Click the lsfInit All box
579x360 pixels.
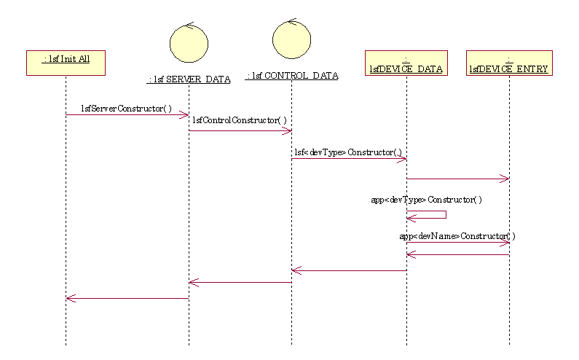(x=66, y=62)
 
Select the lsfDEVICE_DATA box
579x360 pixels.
(x=406, y=63)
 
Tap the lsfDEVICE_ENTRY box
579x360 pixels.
(x=509, y=63)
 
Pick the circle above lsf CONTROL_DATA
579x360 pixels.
(x=291, y=39)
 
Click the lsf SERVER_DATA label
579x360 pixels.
(x=189, y=79)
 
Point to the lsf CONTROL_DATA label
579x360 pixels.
(x=292, y=75)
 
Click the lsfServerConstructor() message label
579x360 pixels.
(x=127, y=109)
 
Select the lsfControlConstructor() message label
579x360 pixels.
(x=240, y=120)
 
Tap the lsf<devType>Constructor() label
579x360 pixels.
(x=348, y=152)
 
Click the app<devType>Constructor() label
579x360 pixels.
(x=426, y=199)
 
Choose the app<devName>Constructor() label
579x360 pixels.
(x=457, y=236)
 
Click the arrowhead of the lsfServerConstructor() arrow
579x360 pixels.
(x=185, y=114)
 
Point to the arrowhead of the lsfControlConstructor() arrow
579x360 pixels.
(x=288, y=131)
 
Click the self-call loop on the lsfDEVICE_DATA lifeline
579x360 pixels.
(x=436, y=214)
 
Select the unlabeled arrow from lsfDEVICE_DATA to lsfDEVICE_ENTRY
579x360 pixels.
(x=457, y=179)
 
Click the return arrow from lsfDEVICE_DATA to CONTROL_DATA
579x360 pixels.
(x=349, y=271)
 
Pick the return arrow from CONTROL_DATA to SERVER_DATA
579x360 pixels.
(x=240, y=282)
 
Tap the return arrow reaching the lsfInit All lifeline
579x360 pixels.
(x=127, y=298)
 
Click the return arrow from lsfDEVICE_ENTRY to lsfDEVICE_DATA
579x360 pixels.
(x=457, y=254)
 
